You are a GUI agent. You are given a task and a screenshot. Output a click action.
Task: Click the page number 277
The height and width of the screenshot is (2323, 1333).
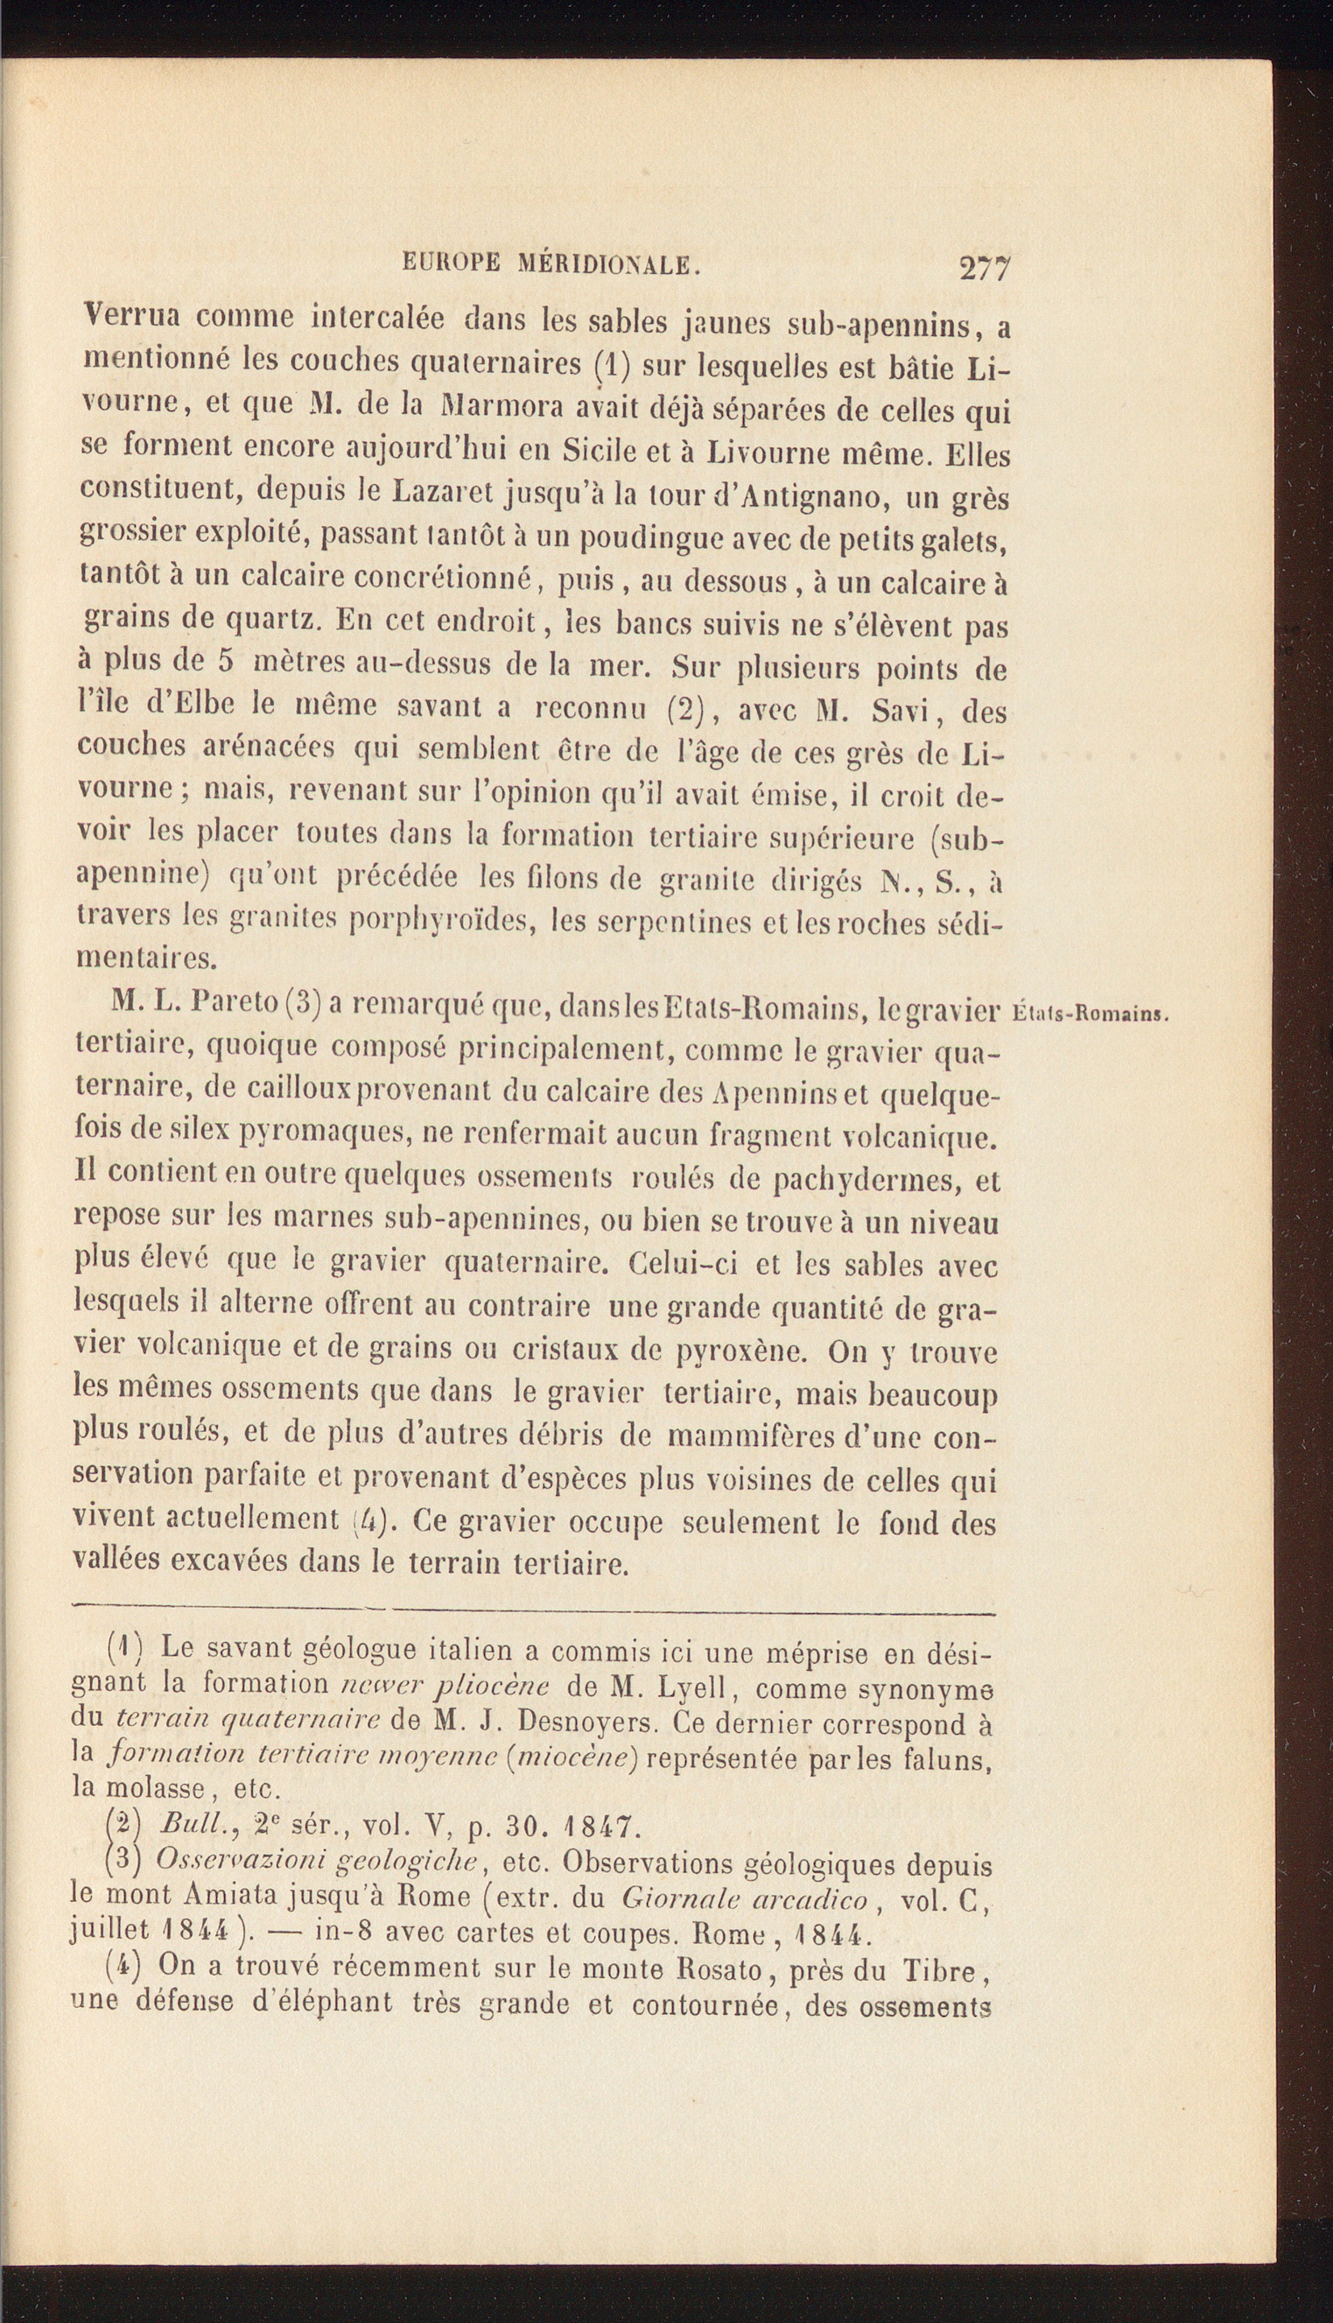[983, 269]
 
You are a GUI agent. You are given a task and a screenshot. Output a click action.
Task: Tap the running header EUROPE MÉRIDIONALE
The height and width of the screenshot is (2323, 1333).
[552, 264]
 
